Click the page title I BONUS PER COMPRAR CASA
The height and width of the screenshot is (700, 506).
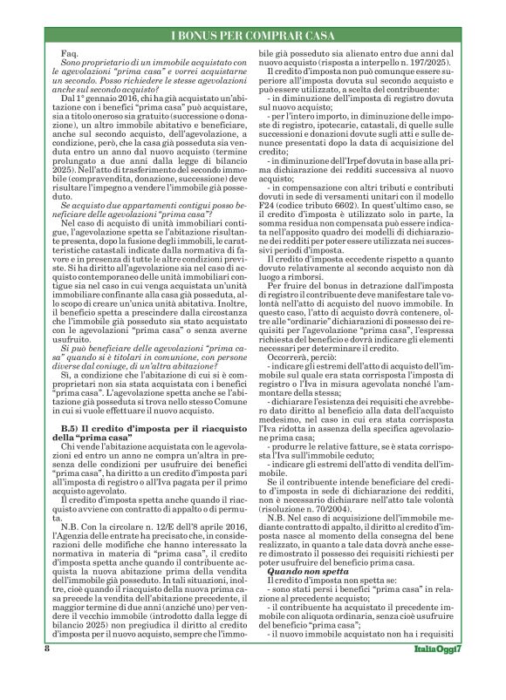[x=252, y=37]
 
